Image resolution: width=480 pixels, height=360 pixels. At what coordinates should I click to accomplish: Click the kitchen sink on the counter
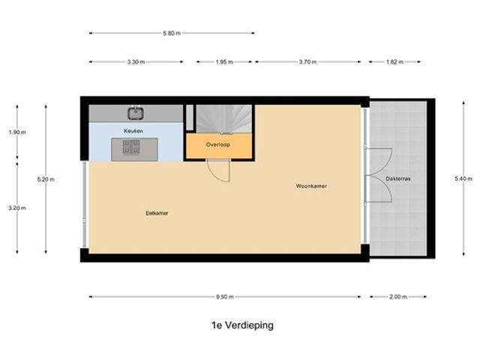click(x=136, y=113)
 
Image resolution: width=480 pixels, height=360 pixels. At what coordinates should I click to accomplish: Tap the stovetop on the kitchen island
click(x=131, y=147)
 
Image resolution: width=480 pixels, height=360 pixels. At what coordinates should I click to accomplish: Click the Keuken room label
click(x=133, y=130)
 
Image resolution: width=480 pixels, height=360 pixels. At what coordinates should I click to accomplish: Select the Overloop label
click(x=218, y=145)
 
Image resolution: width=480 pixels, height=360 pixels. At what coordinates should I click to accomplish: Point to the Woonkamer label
click(x=311, y=186)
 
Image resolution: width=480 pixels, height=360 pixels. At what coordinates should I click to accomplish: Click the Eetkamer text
click(x=157, y=213)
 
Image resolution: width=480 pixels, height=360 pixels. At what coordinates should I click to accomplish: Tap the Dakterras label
click(x=398, y=178)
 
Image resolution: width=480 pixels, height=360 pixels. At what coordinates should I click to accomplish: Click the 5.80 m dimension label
click(x=172, y=33)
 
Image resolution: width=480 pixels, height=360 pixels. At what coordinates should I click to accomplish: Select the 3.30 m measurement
click(x=136, y=61)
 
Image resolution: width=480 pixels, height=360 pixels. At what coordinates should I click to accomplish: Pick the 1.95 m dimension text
click(x=224, y=61)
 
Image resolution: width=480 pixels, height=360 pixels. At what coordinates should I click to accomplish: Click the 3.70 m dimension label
click(x=308, y=61)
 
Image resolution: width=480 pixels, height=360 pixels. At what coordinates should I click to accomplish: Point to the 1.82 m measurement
click(x=395, y=61)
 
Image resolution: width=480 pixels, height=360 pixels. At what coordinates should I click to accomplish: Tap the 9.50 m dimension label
click(x=225, y=297)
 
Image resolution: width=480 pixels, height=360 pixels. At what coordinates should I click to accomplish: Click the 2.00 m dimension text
click(x=398, y=297)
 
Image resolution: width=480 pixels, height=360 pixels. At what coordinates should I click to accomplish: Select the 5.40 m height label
click(x=463, y=178)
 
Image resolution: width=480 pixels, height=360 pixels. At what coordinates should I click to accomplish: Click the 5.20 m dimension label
click(x=46, y=179)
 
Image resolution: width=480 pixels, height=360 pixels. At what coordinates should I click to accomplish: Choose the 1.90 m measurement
click(x=17, y=132)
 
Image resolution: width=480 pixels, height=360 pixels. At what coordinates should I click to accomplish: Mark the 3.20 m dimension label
click(x=17, y=208)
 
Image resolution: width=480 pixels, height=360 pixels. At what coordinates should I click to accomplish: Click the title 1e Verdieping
click(x=242, y=325)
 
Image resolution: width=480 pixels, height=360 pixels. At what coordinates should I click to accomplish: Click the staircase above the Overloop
click(x=224, y=119)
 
